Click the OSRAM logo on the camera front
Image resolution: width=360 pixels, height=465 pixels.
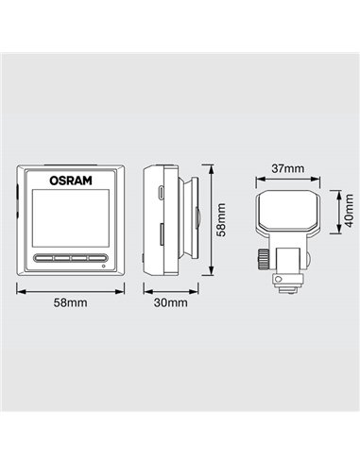(71, 181)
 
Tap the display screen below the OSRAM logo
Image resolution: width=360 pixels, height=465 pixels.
(71, 218)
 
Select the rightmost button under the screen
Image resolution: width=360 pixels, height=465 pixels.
(96, 258)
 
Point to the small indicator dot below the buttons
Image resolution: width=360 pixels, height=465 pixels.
(104, 267)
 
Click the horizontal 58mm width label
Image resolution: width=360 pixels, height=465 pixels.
(70, 302)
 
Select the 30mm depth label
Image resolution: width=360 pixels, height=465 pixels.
(170, 302)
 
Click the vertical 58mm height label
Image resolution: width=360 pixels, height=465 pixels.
(221, 219)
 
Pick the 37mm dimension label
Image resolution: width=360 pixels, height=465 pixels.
(288, 169)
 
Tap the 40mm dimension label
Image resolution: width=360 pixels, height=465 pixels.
(349, 211)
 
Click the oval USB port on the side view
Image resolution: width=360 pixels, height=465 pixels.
(161, 193)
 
